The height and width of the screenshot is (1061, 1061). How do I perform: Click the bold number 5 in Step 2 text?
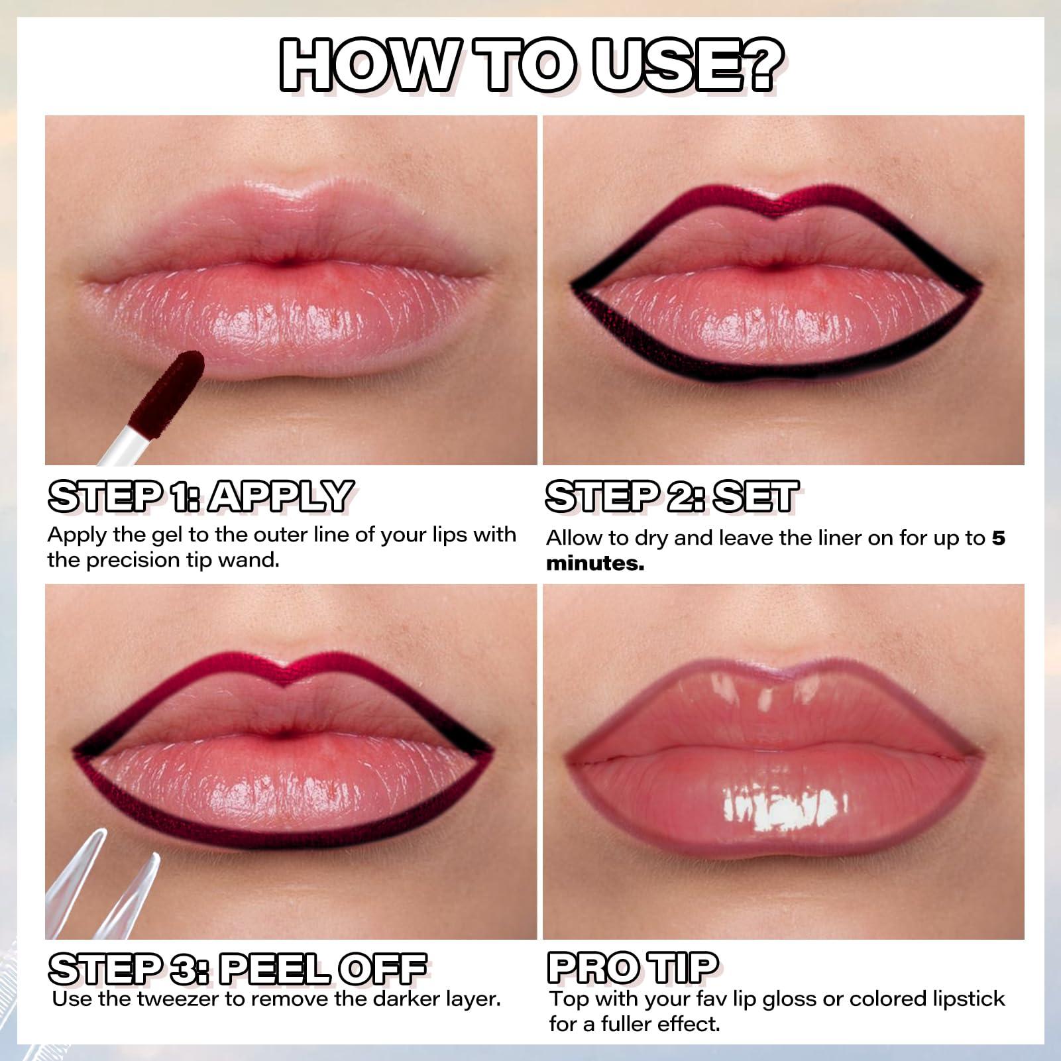coord(998,538)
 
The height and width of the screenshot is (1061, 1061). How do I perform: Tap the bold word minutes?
coord(594,564)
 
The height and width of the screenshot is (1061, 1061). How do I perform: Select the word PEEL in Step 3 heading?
coord(274,969)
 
